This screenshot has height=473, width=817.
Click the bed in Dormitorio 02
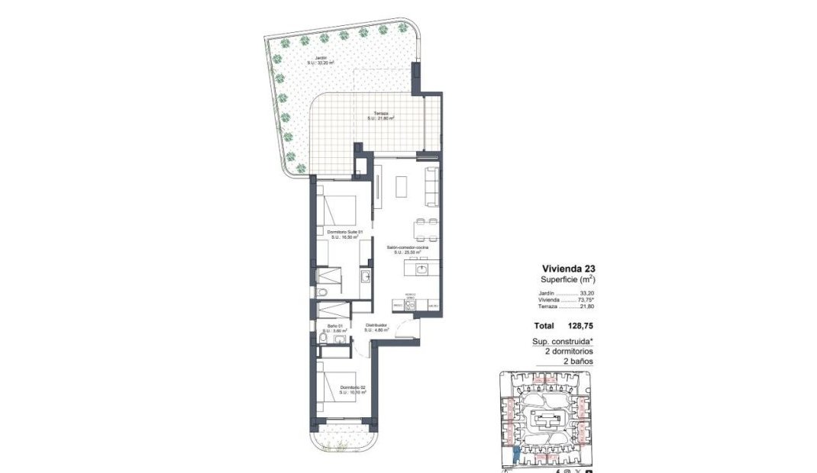[x=340, y=389]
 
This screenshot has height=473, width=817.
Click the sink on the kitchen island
[x=420, y=269]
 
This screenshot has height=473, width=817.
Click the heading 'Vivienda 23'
[x=568, y=269]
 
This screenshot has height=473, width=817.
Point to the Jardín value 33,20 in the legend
[x=586, y=293]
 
